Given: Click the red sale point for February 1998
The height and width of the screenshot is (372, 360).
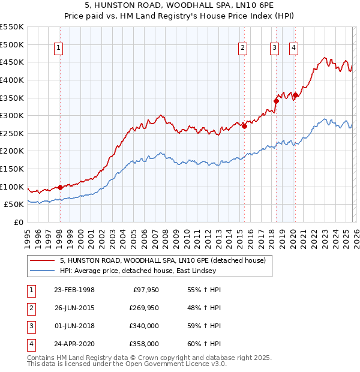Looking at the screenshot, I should tap(60, 187).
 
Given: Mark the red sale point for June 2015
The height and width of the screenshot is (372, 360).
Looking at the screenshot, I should tap(244, 126).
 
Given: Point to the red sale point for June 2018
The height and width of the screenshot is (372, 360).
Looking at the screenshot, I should tap(276, 101).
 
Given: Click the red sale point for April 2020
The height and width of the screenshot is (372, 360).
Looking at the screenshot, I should tap(295, 95).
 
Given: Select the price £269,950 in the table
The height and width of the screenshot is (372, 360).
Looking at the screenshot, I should tap(143, 308).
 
